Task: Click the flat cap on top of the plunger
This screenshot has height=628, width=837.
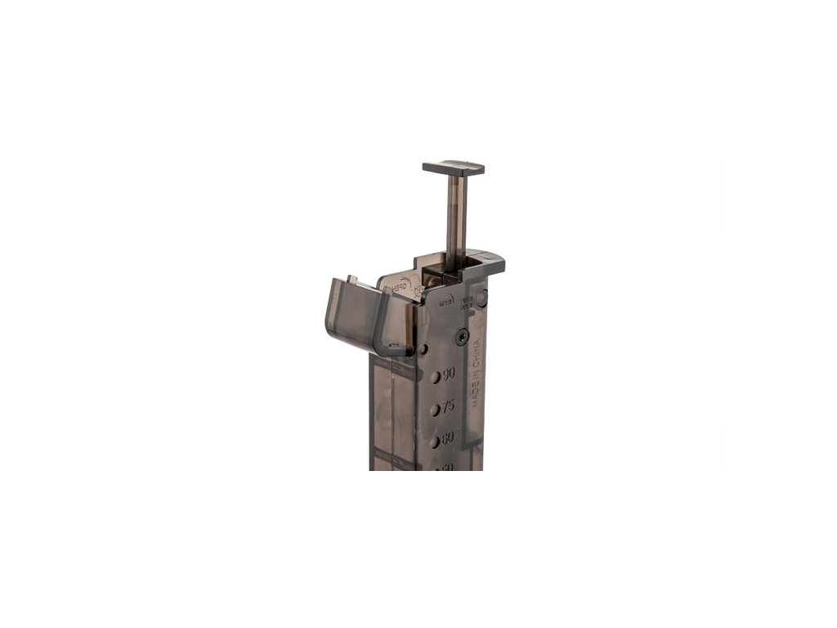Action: [x=454, y=168]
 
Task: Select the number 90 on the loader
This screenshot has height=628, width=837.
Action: [x=449, y=375]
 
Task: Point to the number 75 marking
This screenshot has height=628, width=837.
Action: [x=449, y=407]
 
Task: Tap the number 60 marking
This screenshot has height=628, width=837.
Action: [x=448, y=438]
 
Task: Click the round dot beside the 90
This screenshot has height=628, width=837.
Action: [x=435, y=378]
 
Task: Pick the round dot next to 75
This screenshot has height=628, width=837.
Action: [x=435, y=409]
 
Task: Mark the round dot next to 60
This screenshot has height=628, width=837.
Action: [x=435, y=440]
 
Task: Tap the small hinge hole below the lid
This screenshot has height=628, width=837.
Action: [x=423, y=349]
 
